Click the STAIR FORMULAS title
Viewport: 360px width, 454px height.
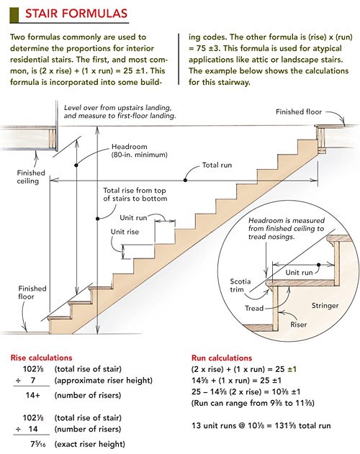click(76, 14)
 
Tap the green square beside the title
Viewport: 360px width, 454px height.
click(14, 15)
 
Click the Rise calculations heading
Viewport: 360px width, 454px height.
click(41, 358)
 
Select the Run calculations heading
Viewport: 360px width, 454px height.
click(222, 358)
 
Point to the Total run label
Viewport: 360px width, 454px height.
click(217, 165)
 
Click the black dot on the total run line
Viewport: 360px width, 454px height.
click(185, 181)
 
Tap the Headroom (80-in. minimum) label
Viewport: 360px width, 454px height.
click(140, 150)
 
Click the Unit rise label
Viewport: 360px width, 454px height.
click(125, 232)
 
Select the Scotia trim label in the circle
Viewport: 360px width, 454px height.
click(240, 286)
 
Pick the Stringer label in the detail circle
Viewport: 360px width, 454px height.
click(325, 306)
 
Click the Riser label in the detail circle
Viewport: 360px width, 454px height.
click(299, 324)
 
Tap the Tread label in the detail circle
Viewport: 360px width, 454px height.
click(254, 309)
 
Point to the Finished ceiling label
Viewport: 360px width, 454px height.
click(31, 177)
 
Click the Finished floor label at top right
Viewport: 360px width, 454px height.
click(299, 112)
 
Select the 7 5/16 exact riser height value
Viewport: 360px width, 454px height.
click(38, 444)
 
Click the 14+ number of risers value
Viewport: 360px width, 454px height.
click(32, 395)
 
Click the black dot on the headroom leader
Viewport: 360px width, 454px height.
click(76, 165)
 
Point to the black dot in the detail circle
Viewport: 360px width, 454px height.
click(318, 265)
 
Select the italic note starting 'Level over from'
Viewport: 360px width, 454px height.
click(120, 112)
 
